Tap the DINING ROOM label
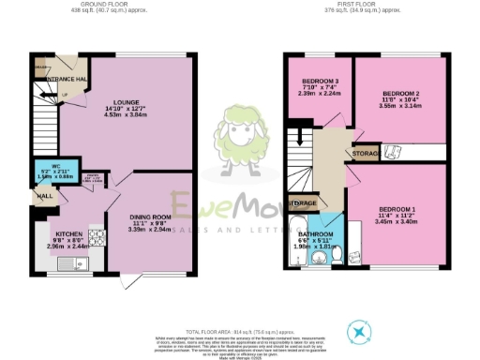(149, 217)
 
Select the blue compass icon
(359, 332)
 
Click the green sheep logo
(240, 139)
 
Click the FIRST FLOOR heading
(367, 5)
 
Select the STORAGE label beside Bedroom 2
(366, 153)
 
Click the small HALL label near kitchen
(44, 197)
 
